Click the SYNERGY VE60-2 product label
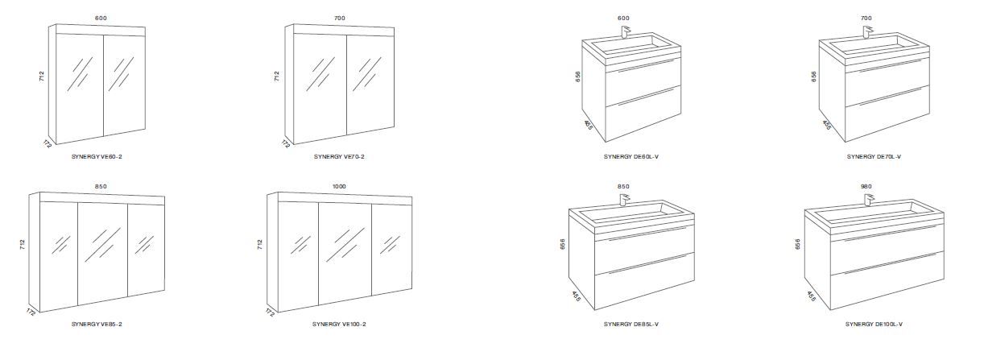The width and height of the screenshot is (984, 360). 97,156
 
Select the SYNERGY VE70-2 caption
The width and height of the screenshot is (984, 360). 339,156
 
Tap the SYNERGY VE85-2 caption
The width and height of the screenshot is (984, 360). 97,325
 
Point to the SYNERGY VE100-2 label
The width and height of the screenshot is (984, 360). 339,325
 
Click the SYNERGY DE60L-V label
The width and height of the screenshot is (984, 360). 631,156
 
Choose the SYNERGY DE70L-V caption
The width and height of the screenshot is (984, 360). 874,156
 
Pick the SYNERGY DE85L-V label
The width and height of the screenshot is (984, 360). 631,325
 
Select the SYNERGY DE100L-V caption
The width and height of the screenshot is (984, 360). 874,325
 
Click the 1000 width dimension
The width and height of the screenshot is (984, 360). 339,186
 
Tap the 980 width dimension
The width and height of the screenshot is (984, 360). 866,186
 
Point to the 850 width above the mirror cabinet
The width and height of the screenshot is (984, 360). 101,186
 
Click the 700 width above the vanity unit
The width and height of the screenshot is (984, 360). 866,18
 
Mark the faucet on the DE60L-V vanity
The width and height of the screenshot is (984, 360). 626,32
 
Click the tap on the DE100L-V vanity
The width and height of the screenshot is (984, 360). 870,200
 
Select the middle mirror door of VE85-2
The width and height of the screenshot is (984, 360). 103,253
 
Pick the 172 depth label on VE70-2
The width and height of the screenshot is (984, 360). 286,143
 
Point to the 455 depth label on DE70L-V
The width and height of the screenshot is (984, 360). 827,126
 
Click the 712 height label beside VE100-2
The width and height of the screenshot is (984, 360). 259,245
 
